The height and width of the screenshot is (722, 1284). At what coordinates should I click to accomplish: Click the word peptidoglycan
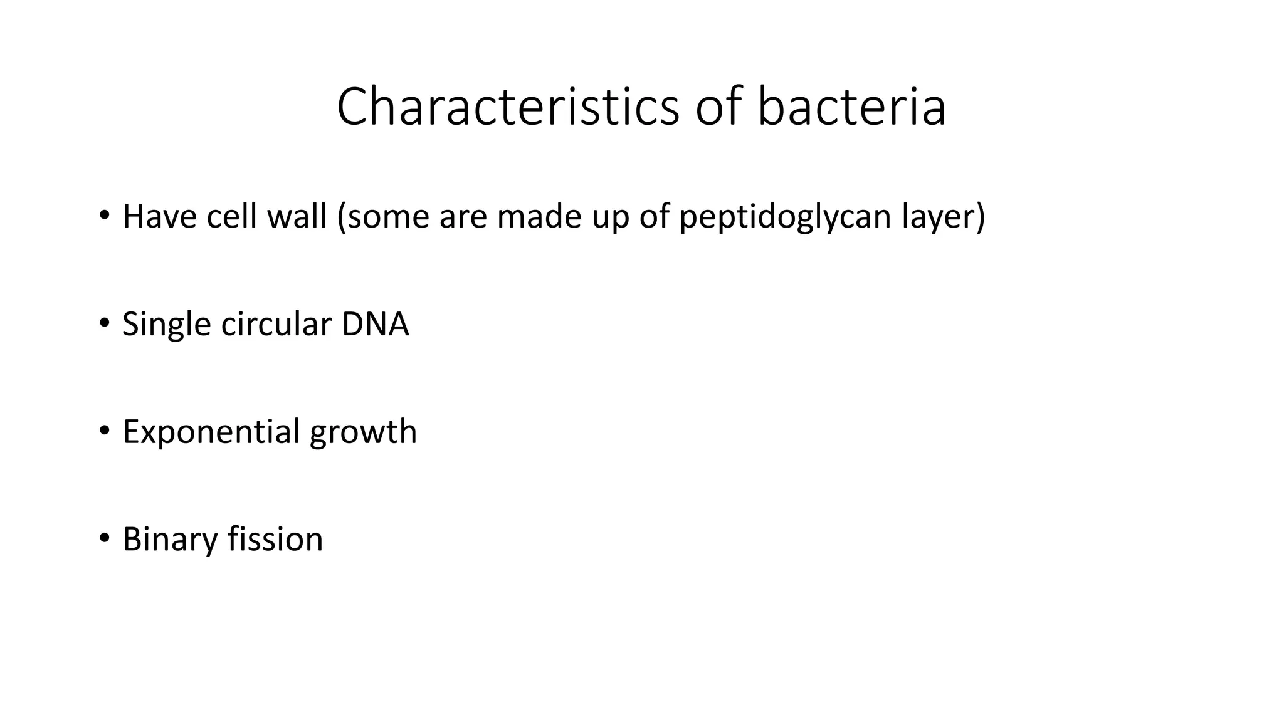click(x=785, y=217)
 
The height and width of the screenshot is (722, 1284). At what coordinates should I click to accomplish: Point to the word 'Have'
click(x=160, y=217)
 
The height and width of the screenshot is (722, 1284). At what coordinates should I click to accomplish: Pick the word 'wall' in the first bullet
click(x=297, y=217)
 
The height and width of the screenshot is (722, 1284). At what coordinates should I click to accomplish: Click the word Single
click(x=166, y=325)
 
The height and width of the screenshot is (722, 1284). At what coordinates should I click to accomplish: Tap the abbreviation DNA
click(x=375, y=325)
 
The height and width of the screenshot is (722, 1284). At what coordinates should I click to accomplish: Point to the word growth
click(x=363, y=433)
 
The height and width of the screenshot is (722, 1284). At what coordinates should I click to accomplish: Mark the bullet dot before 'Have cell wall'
click(x=104, y=216)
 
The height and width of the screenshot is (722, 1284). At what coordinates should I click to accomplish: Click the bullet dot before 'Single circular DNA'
click(x=104, y=323)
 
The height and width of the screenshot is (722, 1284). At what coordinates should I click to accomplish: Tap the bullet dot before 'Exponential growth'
click(x=104, y=431)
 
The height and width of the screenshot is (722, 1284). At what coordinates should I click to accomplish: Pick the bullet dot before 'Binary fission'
click(x=104, y=538)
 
